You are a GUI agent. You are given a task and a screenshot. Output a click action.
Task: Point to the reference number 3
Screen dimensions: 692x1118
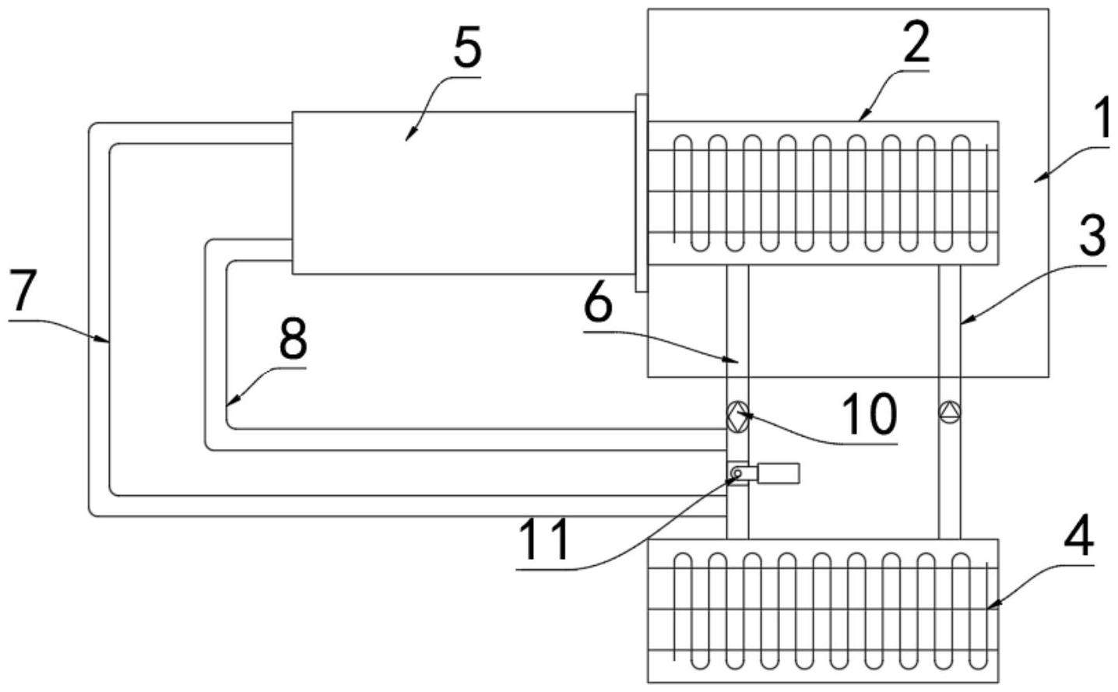pos(1093,236)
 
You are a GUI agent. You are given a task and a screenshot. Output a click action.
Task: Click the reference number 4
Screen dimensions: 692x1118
pos(1081,534)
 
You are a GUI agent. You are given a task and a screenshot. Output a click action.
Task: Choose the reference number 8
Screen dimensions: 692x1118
pos(293,339)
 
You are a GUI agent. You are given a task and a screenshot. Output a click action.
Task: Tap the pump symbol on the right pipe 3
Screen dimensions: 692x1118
pos(949,412)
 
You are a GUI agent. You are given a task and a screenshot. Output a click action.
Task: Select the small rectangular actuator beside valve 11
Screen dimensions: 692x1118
pos(777,472)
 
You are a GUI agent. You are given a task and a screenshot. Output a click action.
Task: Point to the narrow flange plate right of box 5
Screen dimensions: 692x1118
pos(642,193)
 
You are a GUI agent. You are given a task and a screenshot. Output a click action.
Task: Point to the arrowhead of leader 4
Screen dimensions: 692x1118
pos(990,606)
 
